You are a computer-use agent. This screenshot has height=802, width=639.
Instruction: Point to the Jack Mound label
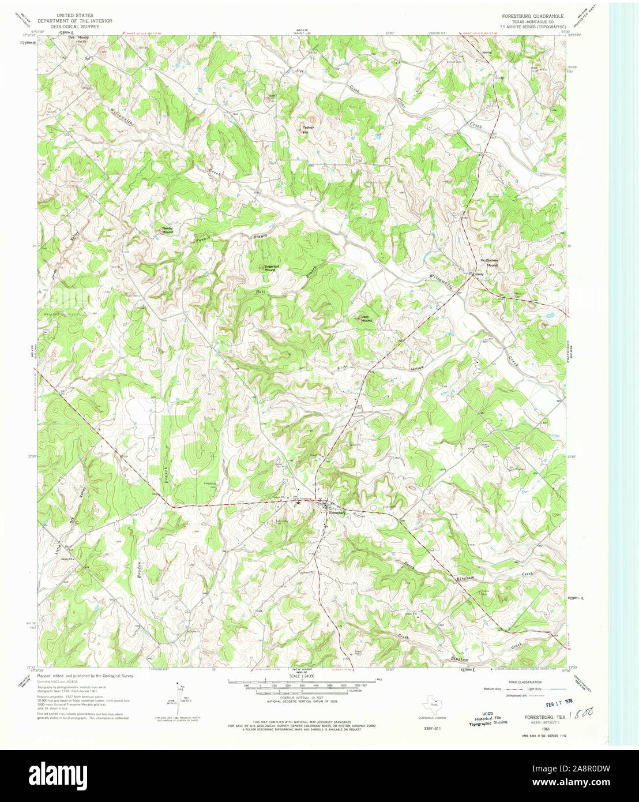(x=366, y=318)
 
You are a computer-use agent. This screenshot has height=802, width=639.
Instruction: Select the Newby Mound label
(x=167, y=230)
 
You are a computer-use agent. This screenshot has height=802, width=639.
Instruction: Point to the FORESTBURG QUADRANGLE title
(x=533, y=16)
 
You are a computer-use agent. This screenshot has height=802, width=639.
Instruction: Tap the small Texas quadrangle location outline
(x=430, y=705)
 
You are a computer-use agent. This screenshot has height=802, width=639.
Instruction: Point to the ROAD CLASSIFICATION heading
(x=521, y=682)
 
